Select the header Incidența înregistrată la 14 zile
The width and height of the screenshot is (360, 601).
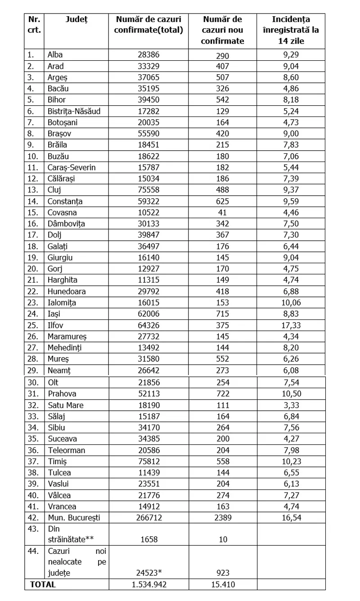point(291,30)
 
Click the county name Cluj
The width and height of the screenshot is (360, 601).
point(54,190)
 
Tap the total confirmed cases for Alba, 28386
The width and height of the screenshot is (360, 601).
point(149,55)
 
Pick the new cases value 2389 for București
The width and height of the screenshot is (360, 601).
point(222,518)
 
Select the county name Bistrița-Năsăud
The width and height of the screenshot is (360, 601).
point(74,112)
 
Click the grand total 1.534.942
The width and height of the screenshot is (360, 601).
point(149,585)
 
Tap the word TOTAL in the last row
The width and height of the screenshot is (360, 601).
point(43,585)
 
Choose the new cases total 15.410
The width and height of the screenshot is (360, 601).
point(222,585)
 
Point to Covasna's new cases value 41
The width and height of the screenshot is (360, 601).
point(222,213)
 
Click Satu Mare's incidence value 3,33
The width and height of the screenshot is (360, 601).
point(291,405)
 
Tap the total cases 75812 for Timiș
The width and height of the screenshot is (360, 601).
point(149,462)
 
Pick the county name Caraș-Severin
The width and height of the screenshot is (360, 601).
point(72,168)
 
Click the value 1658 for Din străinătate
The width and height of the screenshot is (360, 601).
point(149,539)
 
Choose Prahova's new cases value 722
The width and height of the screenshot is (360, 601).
point(222,394)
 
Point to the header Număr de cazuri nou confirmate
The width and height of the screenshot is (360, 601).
point(222,30)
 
